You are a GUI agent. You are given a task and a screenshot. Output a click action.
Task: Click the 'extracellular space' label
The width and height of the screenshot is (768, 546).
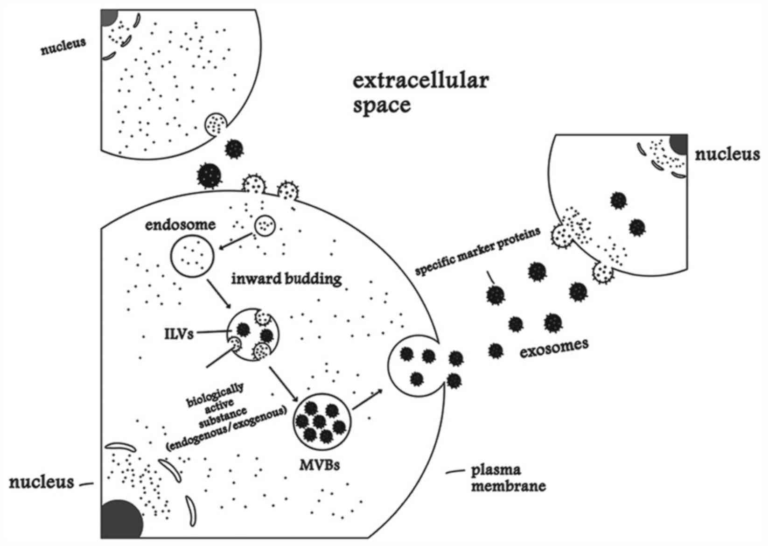point(419,93)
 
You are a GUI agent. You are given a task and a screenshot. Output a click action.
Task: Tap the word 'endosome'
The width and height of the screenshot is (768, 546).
point(180,225)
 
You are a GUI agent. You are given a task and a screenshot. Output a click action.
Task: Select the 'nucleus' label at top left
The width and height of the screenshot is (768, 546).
point(63,46)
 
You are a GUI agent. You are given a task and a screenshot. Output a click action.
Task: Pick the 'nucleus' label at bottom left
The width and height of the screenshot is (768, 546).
point(42,482)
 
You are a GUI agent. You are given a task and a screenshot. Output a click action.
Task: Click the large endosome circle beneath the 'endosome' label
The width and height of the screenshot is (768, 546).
point(192,255)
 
